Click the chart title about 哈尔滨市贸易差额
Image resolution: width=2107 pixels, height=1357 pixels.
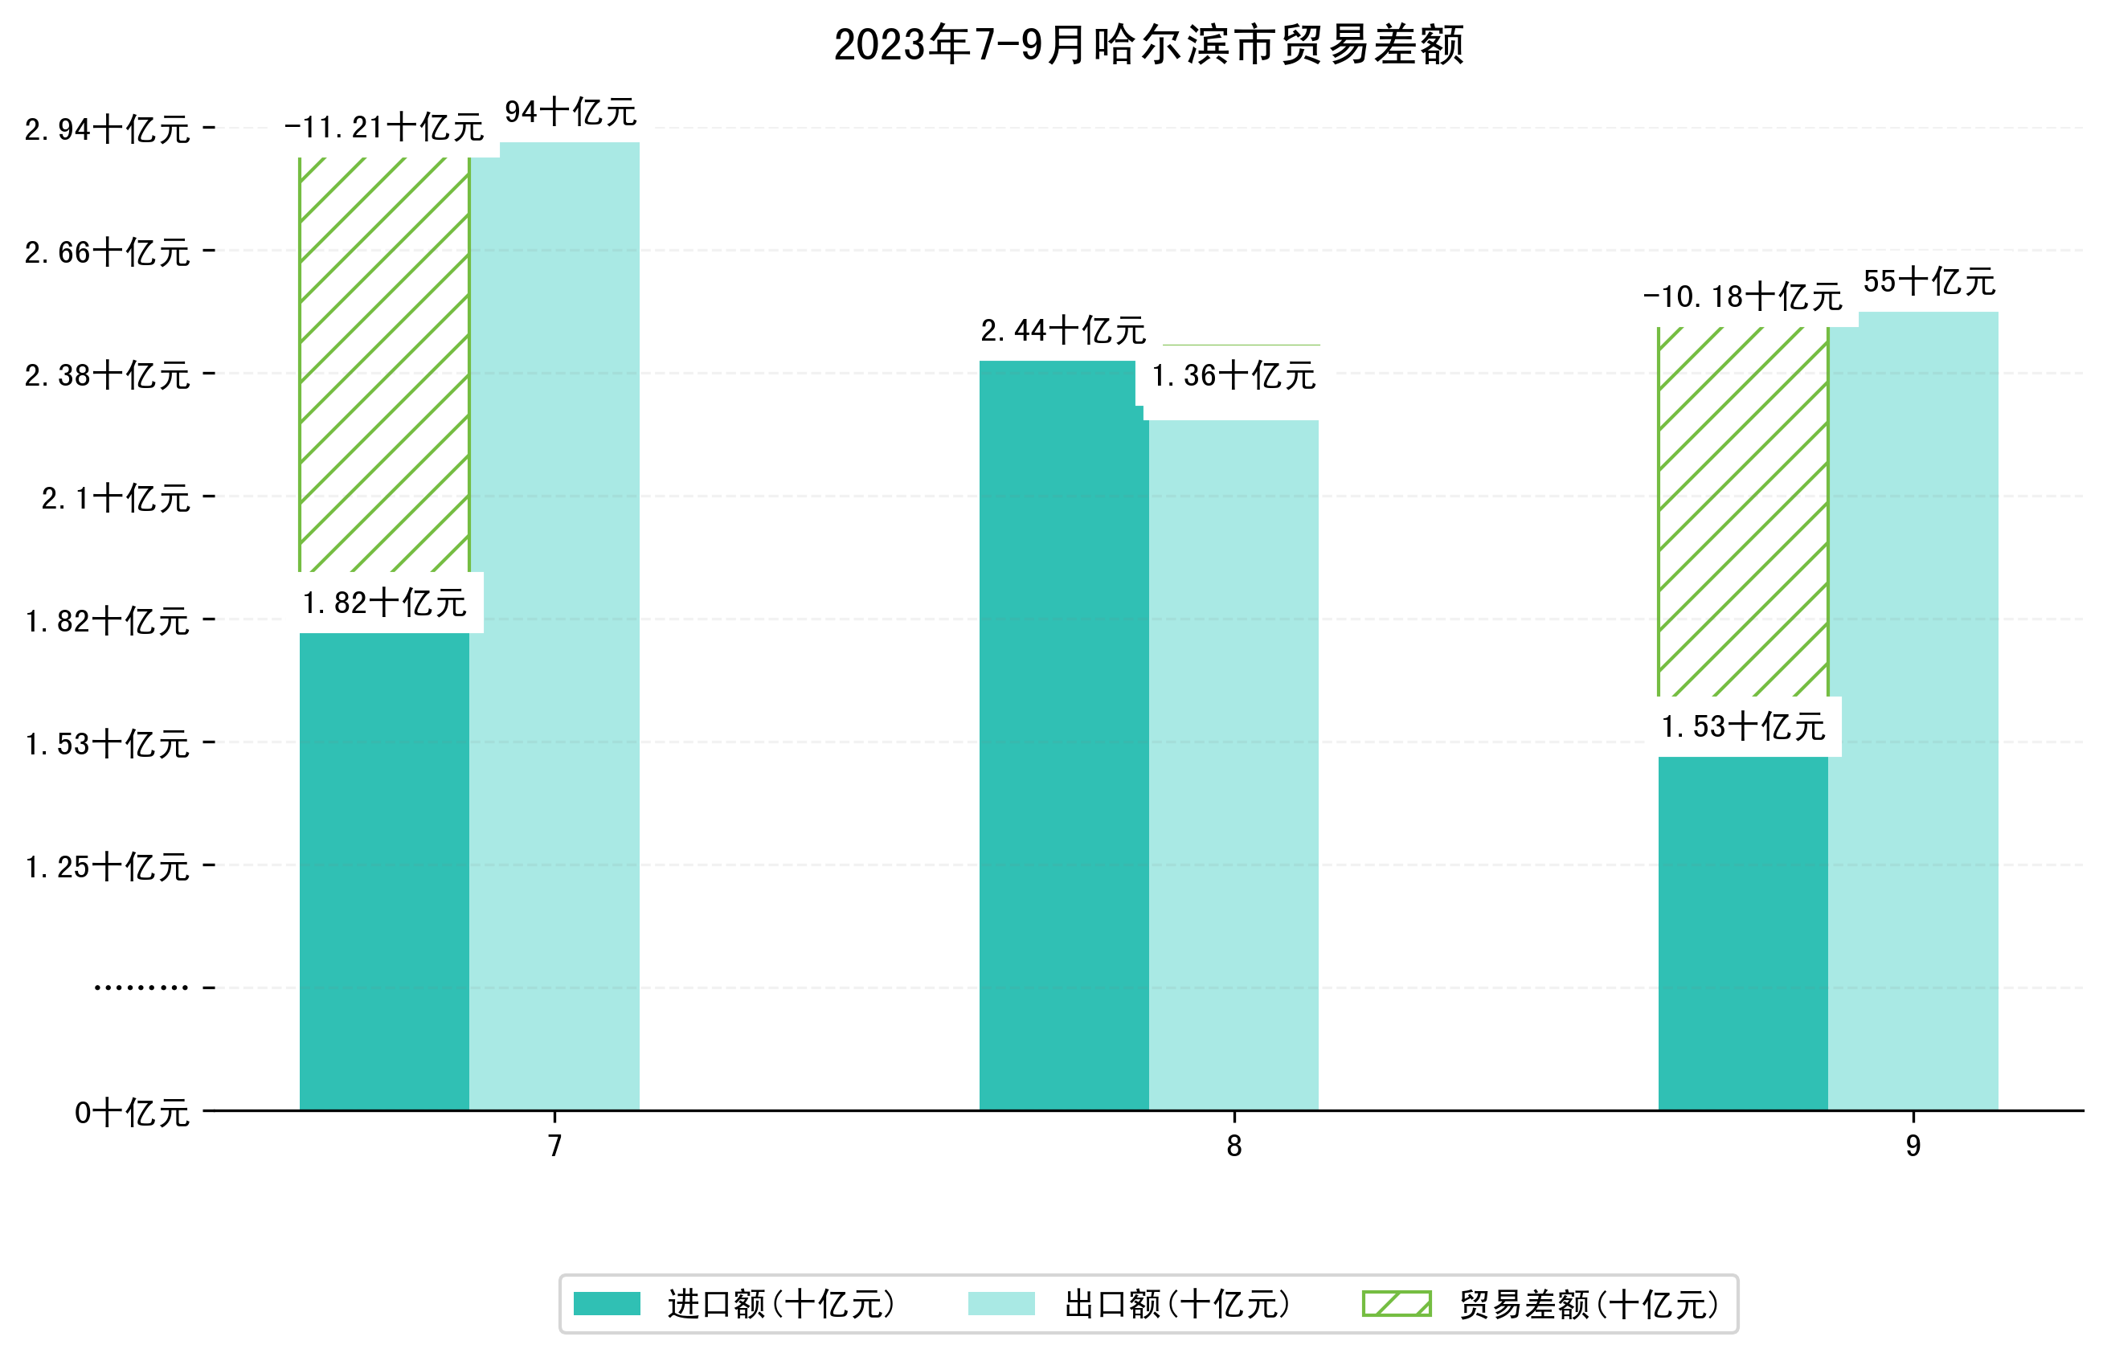1148,45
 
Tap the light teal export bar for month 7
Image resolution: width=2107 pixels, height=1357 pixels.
554,626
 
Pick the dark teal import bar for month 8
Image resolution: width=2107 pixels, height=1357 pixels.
1063,735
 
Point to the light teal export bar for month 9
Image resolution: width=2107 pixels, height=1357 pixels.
1913,710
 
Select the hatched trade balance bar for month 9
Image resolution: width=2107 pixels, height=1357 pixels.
1742,511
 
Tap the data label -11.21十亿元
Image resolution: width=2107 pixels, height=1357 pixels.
383,128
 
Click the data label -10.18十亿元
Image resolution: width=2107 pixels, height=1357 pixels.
1742,297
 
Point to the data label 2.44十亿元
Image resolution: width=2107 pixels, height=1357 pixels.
1063,331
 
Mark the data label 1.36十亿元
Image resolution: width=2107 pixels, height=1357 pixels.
1233,376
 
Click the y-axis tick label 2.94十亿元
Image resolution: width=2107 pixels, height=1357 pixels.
108,129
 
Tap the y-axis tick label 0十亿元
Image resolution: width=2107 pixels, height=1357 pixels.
132,1113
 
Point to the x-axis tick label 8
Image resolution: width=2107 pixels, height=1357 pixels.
1233,1146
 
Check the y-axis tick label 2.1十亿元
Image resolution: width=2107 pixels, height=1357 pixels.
116,499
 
